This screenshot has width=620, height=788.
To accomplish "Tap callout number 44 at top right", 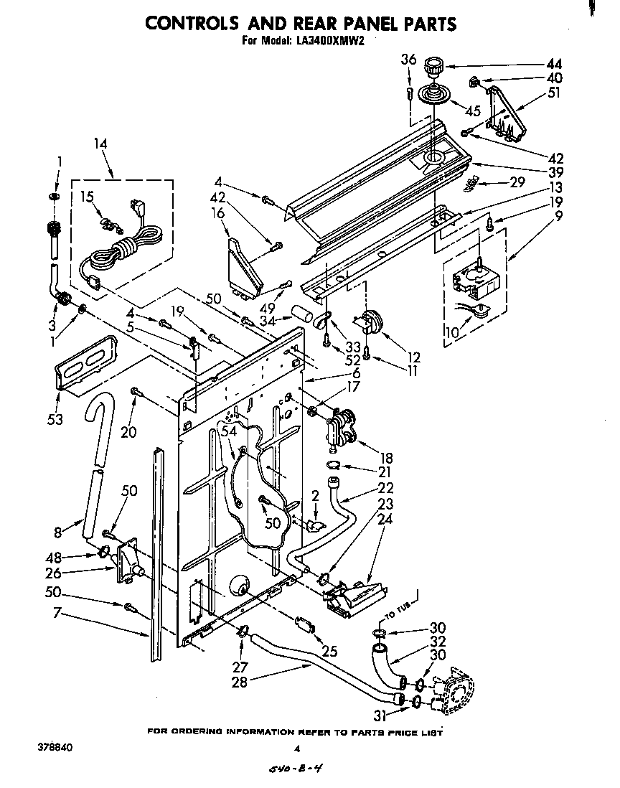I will click(535, 64).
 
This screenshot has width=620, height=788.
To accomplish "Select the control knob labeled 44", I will click(433, 67).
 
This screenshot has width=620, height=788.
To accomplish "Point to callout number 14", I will click(101, 144).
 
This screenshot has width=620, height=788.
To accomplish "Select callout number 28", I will click(239, 682).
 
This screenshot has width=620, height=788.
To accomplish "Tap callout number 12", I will click(413, 357).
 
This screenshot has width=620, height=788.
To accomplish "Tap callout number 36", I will click(408, 60).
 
